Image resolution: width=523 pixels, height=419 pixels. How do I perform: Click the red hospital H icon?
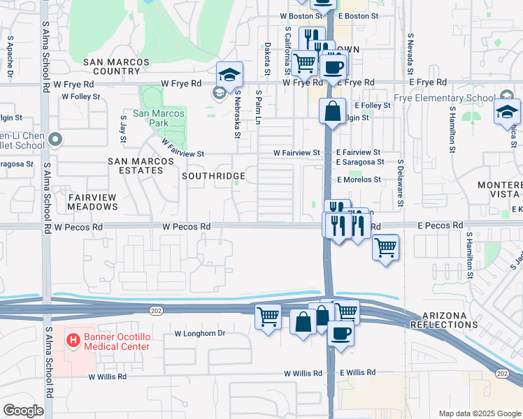pyautogui.click(x=71, y=340)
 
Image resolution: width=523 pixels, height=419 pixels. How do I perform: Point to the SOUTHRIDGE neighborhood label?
pyautogui.click(x=213, y=176)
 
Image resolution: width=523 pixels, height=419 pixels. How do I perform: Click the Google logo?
pyautogui.click(x=23, y=411)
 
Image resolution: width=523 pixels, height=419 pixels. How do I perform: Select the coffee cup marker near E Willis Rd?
pyautogui.click(x=341, y=332)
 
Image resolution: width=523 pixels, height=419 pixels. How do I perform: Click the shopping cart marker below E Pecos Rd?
pyautogui.click(x=386, y=247)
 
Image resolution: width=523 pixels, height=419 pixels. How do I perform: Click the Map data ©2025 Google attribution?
pyautogui.click(x=479, y=413)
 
